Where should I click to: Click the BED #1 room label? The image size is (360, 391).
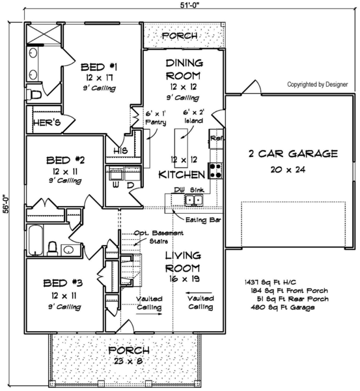99,67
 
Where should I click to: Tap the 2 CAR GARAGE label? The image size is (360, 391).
293,154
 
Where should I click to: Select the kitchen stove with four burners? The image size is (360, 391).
215,171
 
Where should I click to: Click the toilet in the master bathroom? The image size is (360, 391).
34,95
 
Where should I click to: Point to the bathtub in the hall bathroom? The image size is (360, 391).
35,240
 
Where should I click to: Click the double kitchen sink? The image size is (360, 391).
194,200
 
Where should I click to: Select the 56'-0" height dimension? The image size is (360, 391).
6,204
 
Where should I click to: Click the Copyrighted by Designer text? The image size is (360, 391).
318,85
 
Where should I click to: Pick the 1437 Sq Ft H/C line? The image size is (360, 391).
271,282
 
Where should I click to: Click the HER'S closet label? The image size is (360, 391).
47,123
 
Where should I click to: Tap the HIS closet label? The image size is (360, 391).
120,151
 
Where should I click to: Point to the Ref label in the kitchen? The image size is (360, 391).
216,138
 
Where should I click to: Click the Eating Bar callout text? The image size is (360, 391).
203,220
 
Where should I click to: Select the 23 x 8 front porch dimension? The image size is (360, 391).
128,361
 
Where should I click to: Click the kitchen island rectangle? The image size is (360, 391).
181,148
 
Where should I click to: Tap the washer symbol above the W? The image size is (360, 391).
115,173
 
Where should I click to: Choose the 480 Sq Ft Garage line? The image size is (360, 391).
283,307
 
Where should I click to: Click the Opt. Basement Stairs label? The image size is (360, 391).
159,237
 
